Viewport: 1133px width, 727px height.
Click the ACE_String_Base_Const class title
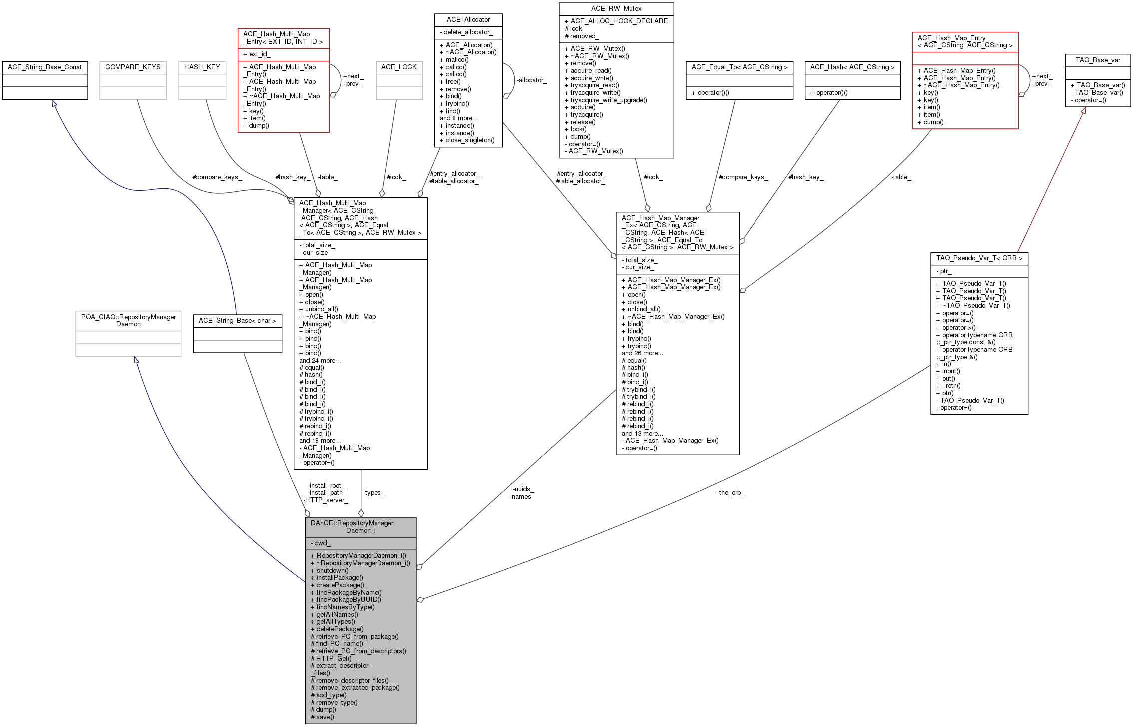point(45,67)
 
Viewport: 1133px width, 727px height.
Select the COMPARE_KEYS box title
point(133,67)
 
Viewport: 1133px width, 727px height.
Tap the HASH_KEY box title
point(202,67)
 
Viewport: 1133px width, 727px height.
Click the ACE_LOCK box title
point(399,67)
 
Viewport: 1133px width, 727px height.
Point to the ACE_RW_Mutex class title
point(616,9)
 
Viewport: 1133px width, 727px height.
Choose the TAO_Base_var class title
point(1098,60)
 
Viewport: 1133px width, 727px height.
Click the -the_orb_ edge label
point(731,493)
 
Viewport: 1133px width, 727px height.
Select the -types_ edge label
point(374,493)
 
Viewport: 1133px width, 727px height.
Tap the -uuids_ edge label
point(523,489)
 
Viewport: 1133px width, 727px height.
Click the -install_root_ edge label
point(326,486)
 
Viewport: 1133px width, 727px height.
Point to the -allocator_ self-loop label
point(532,80)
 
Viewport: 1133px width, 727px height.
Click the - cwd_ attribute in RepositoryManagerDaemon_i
point(320,543)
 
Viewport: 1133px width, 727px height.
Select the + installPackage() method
point(337,578)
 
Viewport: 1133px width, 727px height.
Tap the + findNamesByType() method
point(342,607)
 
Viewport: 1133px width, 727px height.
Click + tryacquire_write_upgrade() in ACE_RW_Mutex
point(606,100)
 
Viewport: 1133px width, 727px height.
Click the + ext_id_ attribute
point(257,54)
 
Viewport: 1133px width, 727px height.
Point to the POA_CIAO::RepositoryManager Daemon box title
point(128,321)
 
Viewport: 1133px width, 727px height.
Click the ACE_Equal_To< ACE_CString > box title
point(740,67)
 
